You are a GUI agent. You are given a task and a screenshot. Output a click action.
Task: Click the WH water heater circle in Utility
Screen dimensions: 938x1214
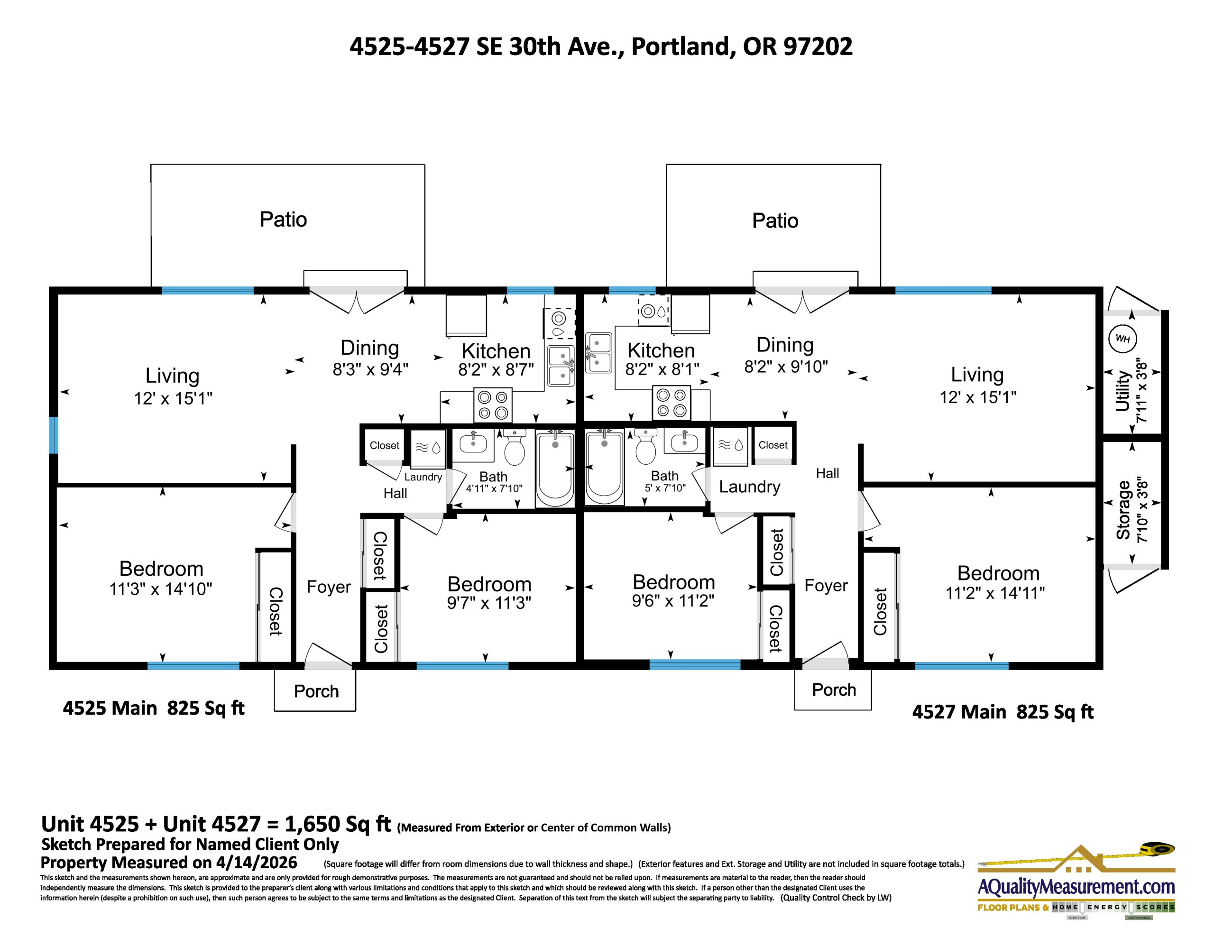coord(1122,339)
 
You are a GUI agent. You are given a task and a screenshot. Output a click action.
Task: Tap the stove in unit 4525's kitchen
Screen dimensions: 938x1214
coord(493,405)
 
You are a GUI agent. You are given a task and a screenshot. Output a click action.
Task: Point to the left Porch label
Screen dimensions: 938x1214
coord(316,691)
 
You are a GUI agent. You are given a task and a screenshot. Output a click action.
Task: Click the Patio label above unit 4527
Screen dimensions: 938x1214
coord(775,221)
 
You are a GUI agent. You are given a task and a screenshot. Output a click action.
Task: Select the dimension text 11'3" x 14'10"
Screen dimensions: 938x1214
coord(161,589)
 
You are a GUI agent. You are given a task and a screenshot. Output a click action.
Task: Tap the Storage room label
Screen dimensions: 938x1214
coord(1123,509)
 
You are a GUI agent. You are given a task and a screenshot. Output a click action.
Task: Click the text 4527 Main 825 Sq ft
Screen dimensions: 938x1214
coord(1002,712)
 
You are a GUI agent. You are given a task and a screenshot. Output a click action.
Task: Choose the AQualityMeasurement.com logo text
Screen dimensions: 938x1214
coord(1076,887)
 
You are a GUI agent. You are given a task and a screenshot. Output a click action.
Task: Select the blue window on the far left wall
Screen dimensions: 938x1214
coord(54,435)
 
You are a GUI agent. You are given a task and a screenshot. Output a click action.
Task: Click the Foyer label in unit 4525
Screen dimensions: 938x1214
coord(329,587)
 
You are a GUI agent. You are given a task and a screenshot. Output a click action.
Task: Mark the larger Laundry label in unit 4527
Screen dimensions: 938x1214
coord(749,487)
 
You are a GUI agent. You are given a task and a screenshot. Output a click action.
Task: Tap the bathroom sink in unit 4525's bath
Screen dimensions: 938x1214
coord(473,443)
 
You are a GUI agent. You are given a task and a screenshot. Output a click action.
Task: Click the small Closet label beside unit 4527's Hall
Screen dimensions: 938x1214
coord(773,445)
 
